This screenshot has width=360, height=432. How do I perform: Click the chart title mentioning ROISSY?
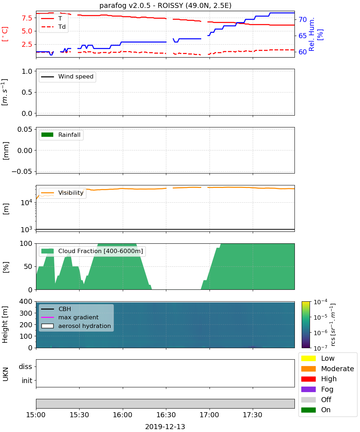tap(165, 5)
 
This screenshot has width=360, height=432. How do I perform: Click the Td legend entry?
tap(53, 27)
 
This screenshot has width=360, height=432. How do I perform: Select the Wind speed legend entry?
tap(67, 77)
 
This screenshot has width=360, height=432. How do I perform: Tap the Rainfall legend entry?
tap(60, 135)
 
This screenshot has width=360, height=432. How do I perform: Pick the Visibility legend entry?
tap(62, 193)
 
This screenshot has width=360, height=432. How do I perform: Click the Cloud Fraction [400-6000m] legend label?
tap(100, 251)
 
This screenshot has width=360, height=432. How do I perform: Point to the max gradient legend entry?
tap(70, 317)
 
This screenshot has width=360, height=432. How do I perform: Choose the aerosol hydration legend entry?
tap(76, 326)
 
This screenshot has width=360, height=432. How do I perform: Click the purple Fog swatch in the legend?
tap(308, 389)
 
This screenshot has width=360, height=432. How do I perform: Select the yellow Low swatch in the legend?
tap(308, 358)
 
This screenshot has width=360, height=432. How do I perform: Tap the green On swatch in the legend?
tap(308, 410)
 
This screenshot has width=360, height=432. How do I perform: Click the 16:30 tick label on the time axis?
tap(166, 415)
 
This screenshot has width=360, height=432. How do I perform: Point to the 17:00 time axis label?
tap(209, 415)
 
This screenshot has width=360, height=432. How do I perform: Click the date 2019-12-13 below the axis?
tap(165, 427)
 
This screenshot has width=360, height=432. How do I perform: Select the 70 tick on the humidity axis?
tap(302, 19)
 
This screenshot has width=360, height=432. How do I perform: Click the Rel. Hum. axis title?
tap(312, 34)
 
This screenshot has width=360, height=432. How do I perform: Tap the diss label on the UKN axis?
tap(26, 366)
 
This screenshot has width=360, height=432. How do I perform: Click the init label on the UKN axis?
tap(27, 381)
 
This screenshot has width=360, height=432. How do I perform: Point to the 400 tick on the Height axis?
tap(26, 301)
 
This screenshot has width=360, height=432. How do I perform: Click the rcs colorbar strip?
tap(306, 325)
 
